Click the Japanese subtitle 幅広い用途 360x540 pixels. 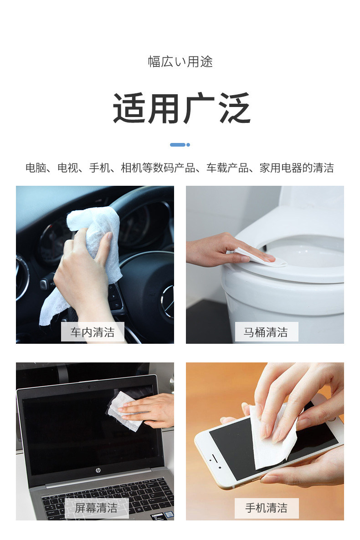click(180, 61)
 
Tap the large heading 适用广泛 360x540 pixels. click(181, 108)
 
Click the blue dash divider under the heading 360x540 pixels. click(180, 145)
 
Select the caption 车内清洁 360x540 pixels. click(93, 332)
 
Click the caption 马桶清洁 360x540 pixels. click(266, 332)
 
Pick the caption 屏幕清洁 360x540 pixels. click(96, 508)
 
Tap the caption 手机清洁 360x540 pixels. click(267, 508)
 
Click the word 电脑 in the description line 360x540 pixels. click(36, 168)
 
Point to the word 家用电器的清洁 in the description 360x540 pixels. click(297, 168)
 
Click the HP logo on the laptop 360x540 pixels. click(98, 470)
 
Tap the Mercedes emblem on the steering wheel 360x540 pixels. click(169, 301)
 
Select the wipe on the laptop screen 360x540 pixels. click(124, 410)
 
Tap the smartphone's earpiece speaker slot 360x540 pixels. click(214, 458)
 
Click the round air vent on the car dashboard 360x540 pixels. click(22, 278)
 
